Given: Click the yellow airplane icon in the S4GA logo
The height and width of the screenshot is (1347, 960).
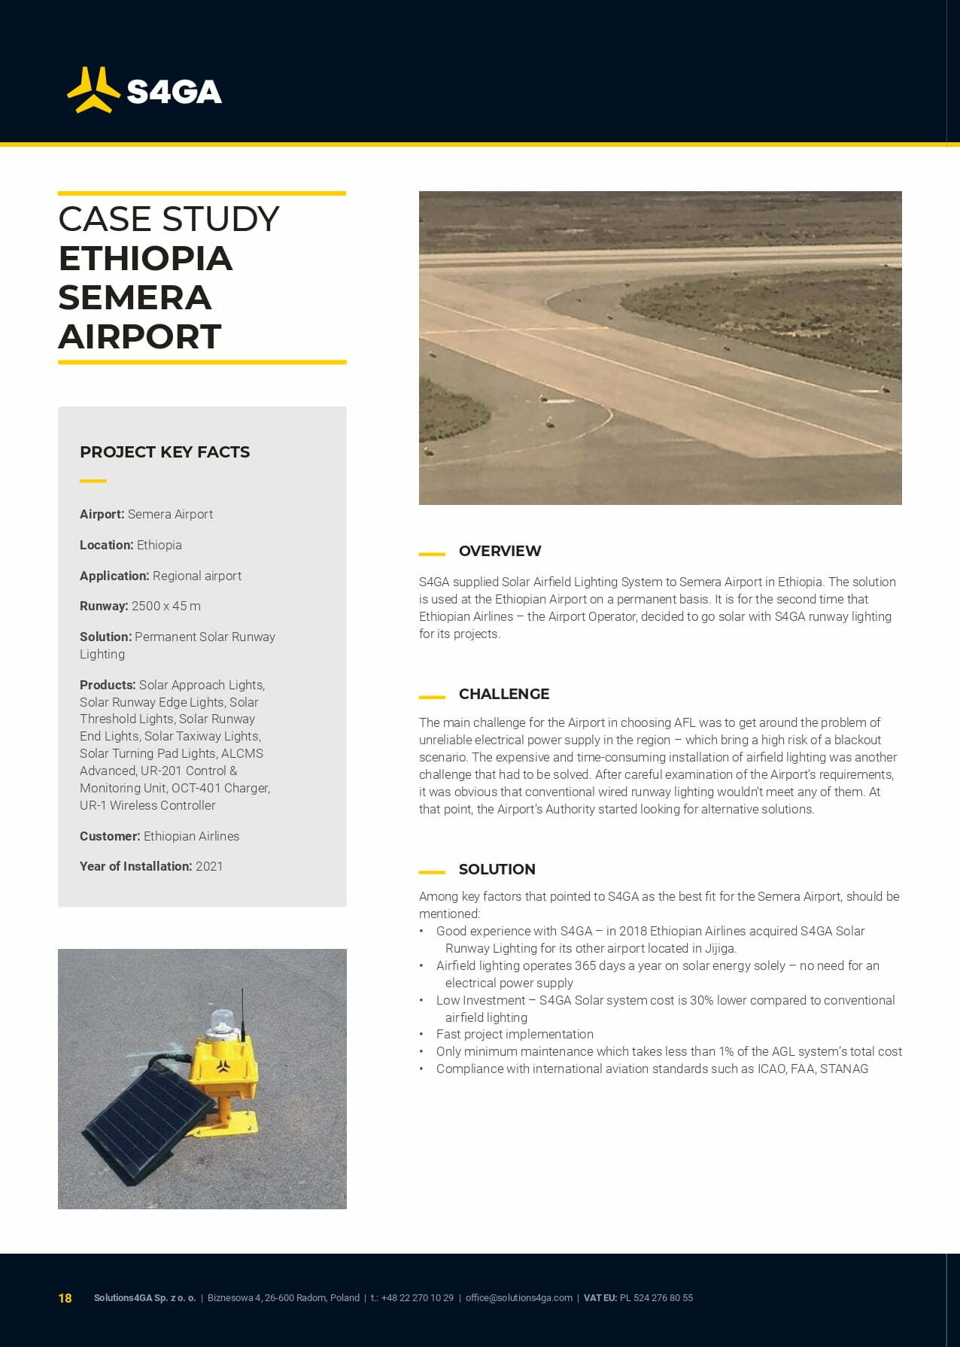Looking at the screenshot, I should click(93, 90).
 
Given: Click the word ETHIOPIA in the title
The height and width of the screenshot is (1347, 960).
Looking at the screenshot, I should click(145, 259).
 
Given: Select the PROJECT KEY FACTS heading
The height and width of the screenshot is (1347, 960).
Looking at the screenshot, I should click(165, 452).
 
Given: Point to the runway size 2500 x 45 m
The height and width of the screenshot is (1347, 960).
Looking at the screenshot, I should click(166, 606).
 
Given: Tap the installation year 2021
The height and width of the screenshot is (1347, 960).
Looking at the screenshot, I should click(209, 866).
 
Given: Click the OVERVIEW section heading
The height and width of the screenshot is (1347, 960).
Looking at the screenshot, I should click(500, 551).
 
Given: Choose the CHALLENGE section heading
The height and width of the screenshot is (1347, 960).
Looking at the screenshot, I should click(504, 694).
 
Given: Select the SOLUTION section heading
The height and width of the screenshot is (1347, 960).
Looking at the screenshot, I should click(497, 869).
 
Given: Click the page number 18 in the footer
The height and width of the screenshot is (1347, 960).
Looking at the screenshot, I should click(65, 1298).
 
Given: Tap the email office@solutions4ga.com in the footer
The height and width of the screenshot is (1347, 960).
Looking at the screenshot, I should click(518, 1298).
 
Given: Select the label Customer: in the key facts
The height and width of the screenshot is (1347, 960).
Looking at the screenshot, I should click(110, 836).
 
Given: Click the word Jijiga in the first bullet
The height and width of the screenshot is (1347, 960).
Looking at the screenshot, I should click(719, 948).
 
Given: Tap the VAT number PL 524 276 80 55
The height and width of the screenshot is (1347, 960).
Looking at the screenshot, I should click(656, 1298).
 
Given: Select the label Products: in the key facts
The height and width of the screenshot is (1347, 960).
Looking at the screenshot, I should click(108, 685).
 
